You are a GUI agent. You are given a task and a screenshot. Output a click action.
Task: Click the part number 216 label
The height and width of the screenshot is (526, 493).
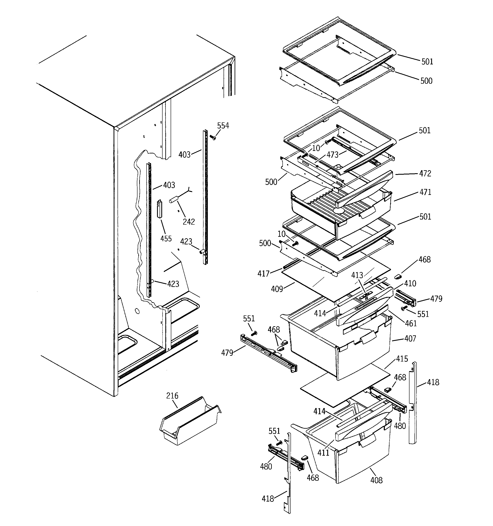tap(172, 396)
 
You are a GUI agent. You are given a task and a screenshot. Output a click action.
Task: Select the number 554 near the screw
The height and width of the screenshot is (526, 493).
tap(223, 126)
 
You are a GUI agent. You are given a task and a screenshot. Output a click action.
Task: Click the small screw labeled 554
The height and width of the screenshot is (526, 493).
tap(213, 137)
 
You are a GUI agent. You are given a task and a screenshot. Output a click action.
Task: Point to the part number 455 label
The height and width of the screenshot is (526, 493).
tap(166, 239)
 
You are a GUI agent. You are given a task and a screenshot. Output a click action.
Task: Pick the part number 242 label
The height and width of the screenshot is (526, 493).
tap(189, 222)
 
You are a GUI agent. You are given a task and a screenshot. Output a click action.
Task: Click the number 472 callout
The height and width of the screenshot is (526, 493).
tap(425, 174)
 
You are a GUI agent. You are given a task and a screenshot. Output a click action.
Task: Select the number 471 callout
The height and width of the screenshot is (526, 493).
tap(425, 192)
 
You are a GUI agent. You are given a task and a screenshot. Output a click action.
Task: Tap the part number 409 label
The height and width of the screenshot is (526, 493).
tap(277, 289)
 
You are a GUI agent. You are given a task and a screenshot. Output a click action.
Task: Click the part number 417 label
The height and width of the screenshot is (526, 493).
tap(263, 274)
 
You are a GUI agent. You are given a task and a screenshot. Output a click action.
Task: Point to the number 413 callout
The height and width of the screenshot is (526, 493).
tap(357, 275)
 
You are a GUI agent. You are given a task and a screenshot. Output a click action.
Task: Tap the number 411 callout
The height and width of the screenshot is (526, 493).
tap(323, 453)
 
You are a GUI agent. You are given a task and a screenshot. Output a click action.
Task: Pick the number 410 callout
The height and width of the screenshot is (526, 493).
tap(410, 284)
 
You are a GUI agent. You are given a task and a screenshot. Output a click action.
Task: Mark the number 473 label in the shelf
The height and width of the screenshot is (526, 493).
tap(332, 155)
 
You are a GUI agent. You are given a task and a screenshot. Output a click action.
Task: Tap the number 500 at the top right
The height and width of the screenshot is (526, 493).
tap(426, 81)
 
